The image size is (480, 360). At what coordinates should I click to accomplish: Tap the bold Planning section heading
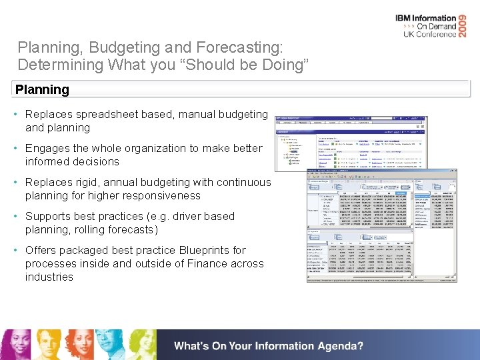(42, 89)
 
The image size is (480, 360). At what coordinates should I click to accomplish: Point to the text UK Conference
(430, 34)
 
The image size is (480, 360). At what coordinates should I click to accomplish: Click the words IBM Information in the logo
(426, 18)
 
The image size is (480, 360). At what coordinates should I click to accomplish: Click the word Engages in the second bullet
(47, 149)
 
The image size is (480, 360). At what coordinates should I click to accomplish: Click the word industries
(49, 277)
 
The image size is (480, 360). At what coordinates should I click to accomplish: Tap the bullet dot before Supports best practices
(16, 216)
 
